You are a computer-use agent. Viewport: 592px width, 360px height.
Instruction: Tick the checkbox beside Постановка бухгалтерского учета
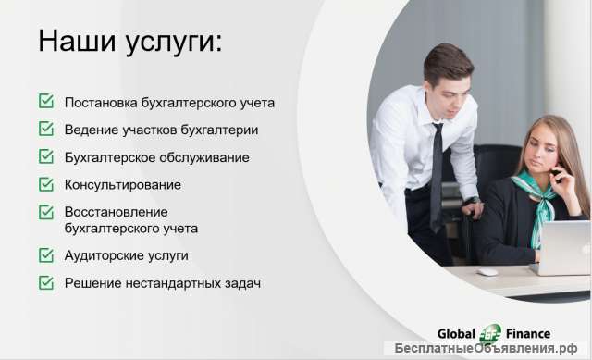tap(45, 102)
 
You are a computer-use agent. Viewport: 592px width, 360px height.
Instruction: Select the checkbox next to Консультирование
tap(45, 184)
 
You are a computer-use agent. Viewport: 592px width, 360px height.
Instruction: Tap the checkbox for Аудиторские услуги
tap(45, 254)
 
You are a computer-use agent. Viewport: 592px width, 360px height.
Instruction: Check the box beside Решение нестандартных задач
tap(45, 282)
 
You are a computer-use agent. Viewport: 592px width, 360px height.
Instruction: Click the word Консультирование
tap(122, 184)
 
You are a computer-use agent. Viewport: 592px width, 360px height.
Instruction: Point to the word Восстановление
tap(116, 212)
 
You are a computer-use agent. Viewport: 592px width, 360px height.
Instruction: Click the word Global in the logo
tap(459, 333)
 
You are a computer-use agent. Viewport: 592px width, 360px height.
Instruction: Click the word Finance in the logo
tap(528, 333)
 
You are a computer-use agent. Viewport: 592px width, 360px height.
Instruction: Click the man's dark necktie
tap(437, 176)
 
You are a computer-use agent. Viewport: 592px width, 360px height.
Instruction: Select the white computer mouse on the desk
tap(487, 271)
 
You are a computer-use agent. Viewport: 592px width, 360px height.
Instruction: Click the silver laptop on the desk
tap(563, 247)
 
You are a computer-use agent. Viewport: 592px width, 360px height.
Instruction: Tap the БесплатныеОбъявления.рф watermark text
tap(490, 350)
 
